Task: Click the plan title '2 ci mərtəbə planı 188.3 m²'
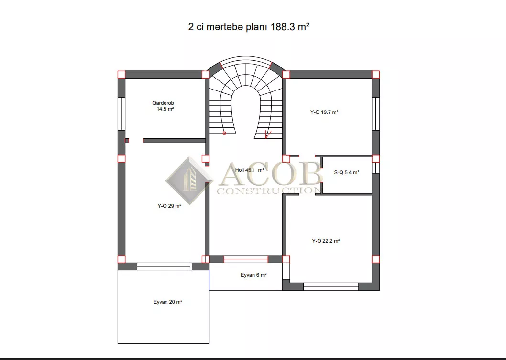click(249, 27)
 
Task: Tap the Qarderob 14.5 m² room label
click(163, 106)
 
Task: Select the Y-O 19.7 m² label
click(324, 112)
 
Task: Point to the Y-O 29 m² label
click(169, 206)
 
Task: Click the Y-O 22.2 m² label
click(326, 241)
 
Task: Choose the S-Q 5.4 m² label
click(347, 172)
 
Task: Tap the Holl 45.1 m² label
click(250, 170)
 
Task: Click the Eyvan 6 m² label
click(253, 275)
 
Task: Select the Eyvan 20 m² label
click(168, 302)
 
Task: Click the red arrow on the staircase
click(268, 135)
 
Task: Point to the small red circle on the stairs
click(224, 133)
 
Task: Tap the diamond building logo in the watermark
click(189, 180)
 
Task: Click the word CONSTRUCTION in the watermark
click(269, 191)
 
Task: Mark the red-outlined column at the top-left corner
click(121, 75)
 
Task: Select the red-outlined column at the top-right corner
click(375, 75)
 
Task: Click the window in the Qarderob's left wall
click(121, 114)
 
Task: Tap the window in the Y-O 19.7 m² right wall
click(375, 114)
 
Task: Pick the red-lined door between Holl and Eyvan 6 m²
click(246, 259)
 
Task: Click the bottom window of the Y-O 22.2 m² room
click(331, 287)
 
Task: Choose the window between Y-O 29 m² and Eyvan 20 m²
click(164, 267)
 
